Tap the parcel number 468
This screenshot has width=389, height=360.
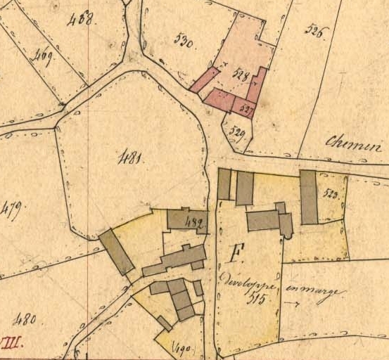[82, 19]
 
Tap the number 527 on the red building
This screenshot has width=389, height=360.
[245, 109]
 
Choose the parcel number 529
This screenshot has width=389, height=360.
[238, 133]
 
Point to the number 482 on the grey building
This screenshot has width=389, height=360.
[194, 224]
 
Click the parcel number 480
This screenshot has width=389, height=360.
[25, 321]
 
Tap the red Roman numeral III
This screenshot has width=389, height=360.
[10, 345]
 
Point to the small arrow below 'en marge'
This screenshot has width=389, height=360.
[291, 304]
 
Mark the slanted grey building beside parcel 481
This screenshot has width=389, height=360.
[117, 251]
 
